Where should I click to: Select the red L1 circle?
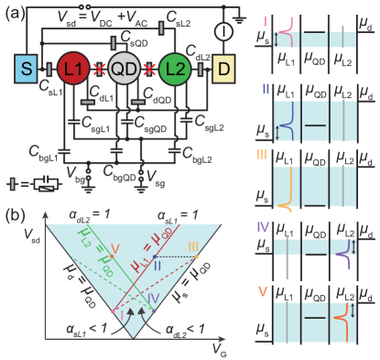click(x=74, y=69)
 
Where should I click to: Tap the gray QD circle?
click(x=125, y=69)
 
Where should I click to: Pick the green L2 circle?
click(x=176, y=69)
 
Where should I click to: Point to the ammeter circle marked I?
click(x=223, y=30)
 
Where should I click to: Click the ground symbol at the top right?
click(x=240, y=17)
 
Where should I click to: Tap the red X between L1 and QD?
click(x=99, y=70)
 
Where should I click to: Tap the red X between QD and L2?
click(x=150, y=70)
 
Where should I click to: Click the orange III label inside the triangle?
click(x=192, y=246)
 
